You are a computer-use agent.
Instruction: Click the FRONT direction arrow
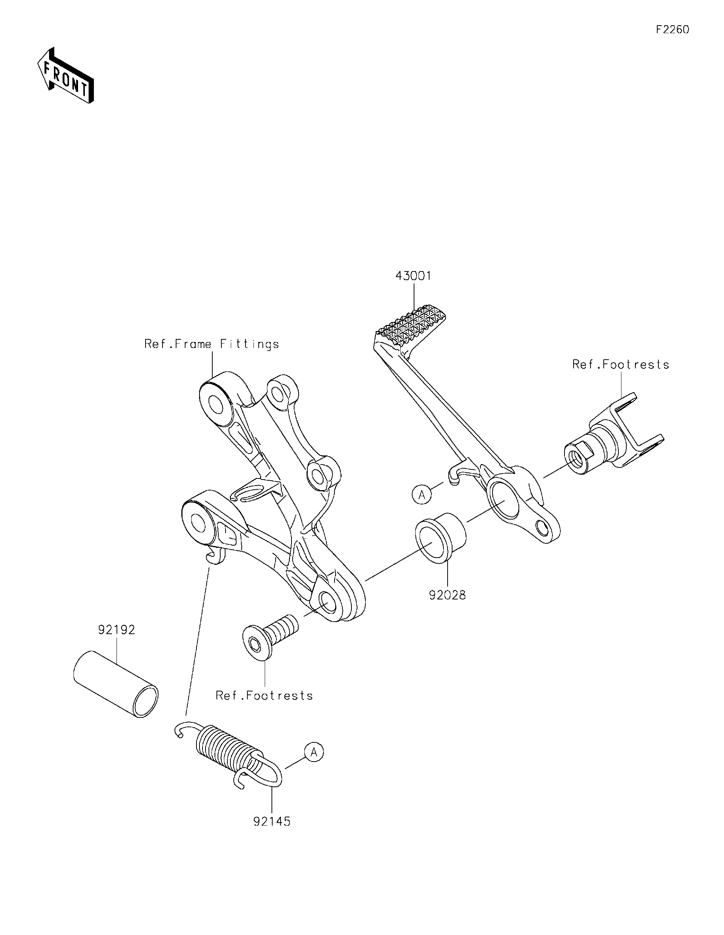point(65,76)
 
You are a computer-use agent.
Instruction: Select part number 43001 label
point(413,276)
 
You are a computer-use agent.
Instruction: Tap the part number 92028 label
point(448,595)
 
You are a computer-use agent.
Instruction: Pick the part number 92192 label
point(117,630)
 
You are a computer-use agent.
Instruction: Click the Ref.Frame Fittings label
point(212,344)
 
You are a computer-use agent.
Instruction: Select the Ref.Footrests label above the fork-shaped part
point(620,364)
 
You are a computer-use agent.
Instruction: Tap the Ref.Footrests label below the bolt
point(264,696)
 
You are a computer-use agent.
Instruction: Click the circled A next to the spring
point(314,752)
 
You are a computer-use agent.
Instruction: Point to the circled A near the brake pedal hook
point(422,495)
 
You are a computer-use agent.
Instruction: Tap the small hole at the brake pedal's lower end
point(543,528)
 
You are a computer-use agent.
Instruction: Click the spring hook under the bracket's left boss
point(214,556)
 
